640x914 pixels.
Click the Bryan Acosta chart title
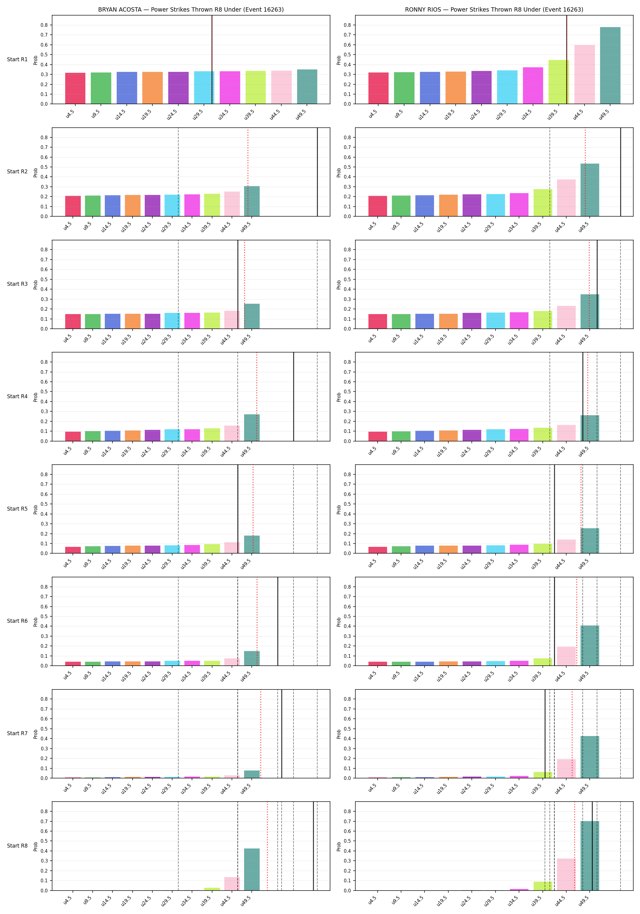191,9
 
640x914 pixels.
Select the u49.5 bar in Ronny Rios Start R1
610,66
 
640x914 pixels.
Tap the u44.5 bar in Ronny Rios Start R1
585,74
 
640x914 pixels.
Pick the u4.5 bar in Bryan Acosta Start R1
75,88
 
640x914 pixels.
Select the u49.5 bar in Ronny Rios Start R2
590,190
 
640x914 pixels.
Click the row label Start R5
17,509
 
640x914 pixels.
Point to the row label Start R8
17,845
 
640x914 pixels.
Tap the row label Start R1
17,59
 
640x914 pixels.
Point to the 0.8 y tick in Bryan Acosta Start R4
44,362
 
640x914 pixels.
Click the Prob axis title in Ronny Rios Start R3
339,285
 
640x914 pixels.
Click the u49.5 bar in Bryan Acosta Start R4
252,427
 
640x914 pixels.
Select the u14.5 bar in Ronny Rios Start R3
425,321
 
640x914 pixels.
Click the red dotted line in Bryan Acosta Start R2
248,172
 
